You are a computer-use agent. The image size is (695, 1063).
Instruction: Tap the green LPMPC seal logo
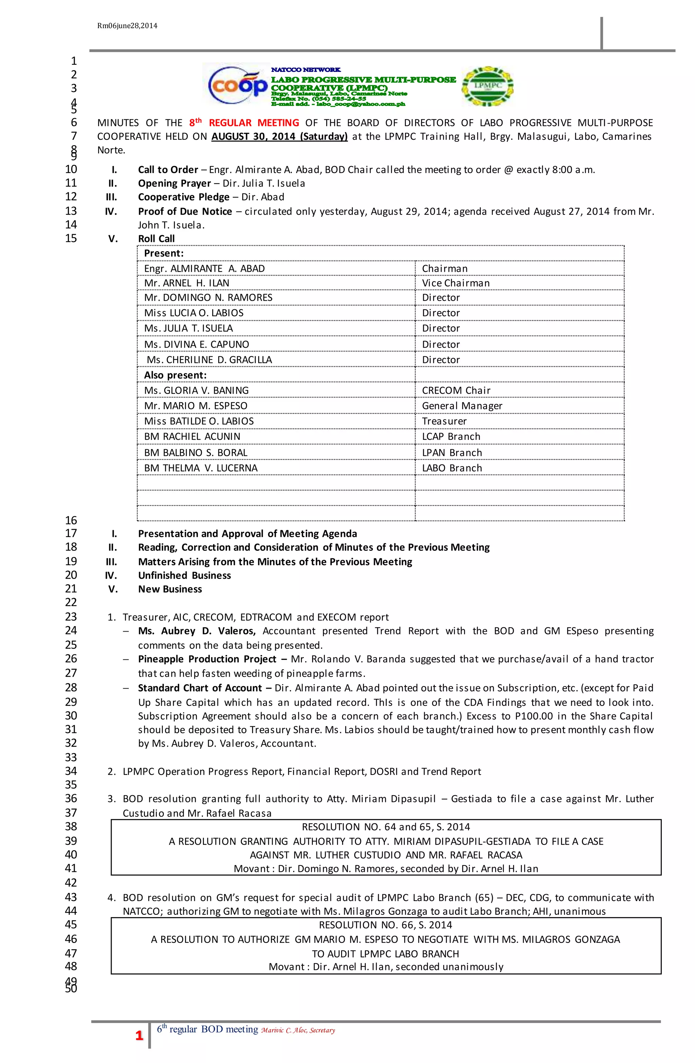pyautogui.click(x=487, y=87)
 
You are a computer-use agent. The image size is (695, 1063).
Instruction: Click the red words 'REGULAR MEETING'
pyautogui.click(x=254, y=123)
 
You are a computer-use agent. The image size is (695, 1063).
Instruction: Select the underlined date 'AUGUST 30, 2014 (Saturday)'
pyautogui.click(x=279, y=137)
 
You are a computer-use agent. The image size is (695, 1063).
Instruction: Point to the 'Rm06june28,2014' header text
pyautogui.click(x=127, y=26)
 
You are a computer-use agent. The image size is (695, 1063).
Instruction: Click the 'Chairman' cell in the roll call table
pyautogui.click(x=445, y=268)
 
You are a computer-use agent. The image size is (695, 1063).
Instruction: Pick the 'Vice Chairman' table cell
pyautogui.click(x=456, y=283)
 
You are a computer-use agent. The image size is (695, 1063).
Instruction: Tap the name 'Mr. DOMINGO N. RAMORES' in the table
pyautogui.click(x=208, y=297)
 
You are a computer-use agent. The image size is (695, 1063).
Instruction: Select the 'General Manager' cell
pyautogui.click(x=462, y=406)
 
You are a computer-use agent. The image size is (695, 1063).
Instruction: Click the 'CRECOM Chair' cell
pyautogui.click(x=456, y=390)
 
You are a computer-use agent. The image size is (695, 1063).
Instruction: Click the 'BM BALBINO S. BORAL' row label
pyautogui.click(x=195, y=452)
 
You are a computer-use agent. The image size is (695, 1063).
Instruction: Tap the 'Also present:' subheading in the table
pyautogui.click(x=175, y=375)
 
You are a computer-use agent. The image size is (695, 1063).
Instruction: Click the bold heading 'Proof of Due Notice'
pyautogui.click(x=185, y=211)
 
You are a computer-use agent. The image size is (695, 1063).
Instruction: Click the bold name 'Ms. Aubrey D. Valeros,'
pyautogui.click(x=196, y=631)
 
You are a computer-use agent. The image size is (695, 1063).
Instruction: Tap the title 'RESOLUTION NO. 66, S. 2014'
pyautogui.click(x=386, y=925)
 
